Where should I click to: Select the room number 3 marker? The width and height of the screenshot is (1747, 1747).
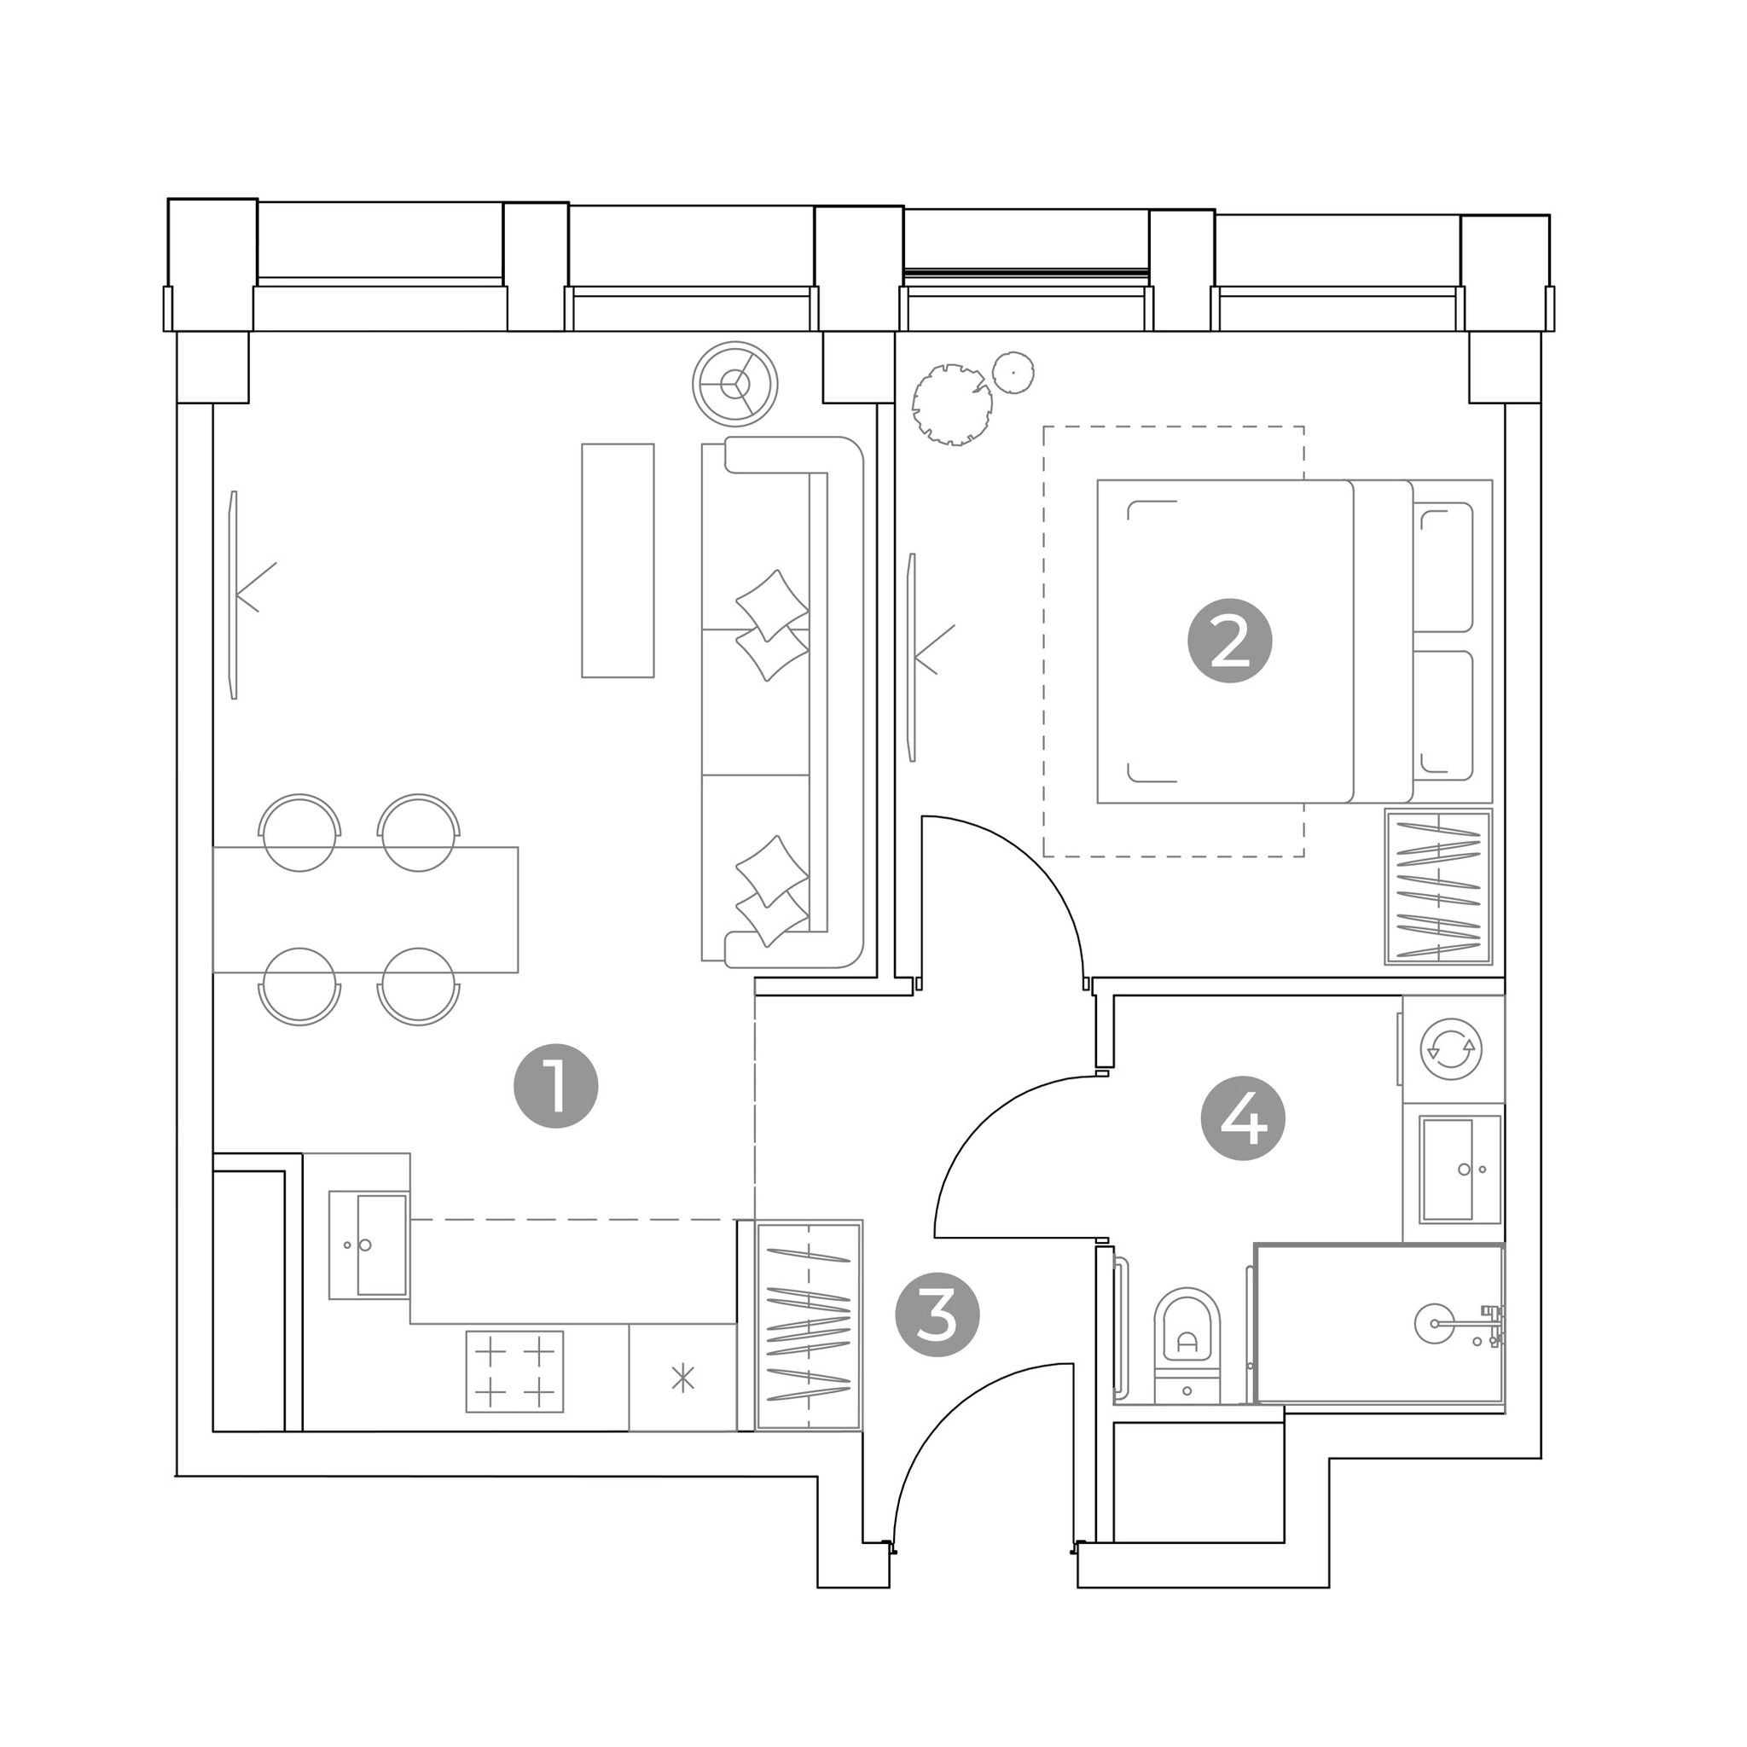937,1315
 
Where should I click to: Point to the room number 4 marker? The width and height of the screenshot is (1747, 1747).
1244,1118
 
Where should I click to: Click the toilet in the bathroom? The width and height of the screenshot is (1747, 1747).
1187,1345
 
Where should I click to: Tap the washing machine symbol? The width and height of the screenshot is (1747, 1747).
1450,1048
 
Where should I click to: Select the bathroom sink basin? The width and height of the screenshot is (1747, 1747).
1460,1170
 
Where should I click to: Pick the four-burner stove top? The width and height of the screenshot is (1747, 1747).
514,1371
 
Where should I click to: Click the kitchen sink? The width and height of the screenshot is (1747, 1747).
369,1245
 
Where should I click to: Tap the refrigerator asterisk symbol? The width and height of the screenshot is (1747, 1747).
682,1378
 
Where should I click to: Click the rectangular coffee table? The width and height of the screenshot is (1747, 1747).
618,560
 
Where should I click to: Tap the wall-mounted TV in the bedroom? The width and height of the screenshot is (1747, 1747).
913,658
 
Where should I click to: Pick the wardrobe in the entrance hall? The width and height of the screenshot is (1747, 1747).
809,1325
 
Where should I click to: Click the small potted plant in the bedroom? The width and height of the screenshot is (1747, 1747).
1013,372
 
